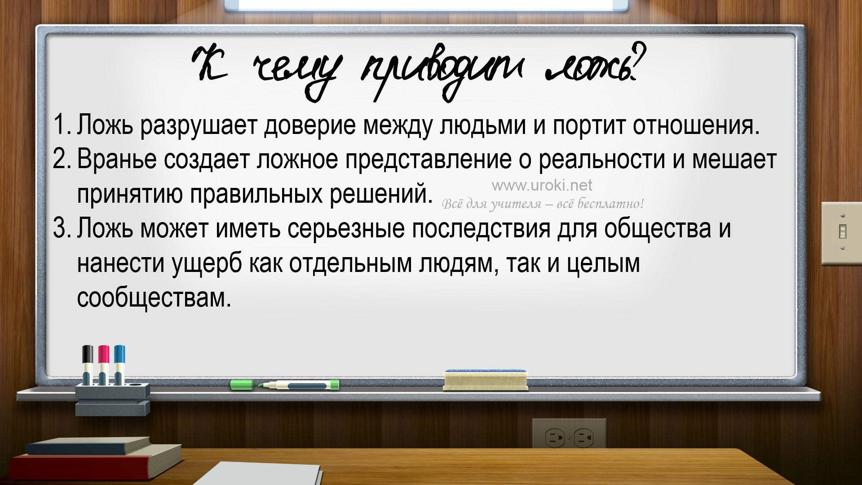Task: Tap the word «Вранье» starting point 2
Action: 117,159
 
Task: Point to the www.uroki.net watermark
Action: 542,185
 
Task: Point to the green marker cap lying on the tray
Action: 242,385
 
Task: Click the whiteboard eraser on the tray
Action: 485,380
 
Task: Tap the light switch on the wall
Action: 842,232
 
